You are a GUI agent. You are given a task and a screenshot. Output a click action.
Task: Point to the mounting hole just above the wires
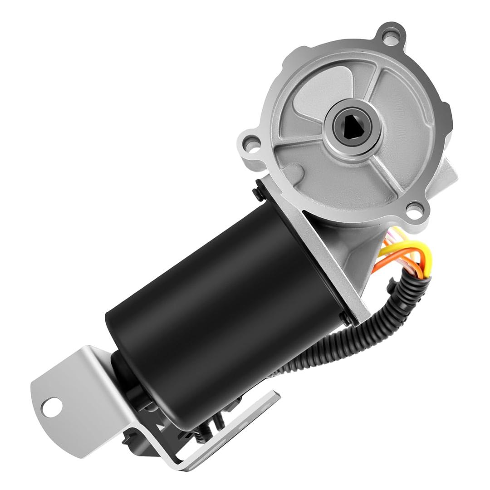click(414, 210)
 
